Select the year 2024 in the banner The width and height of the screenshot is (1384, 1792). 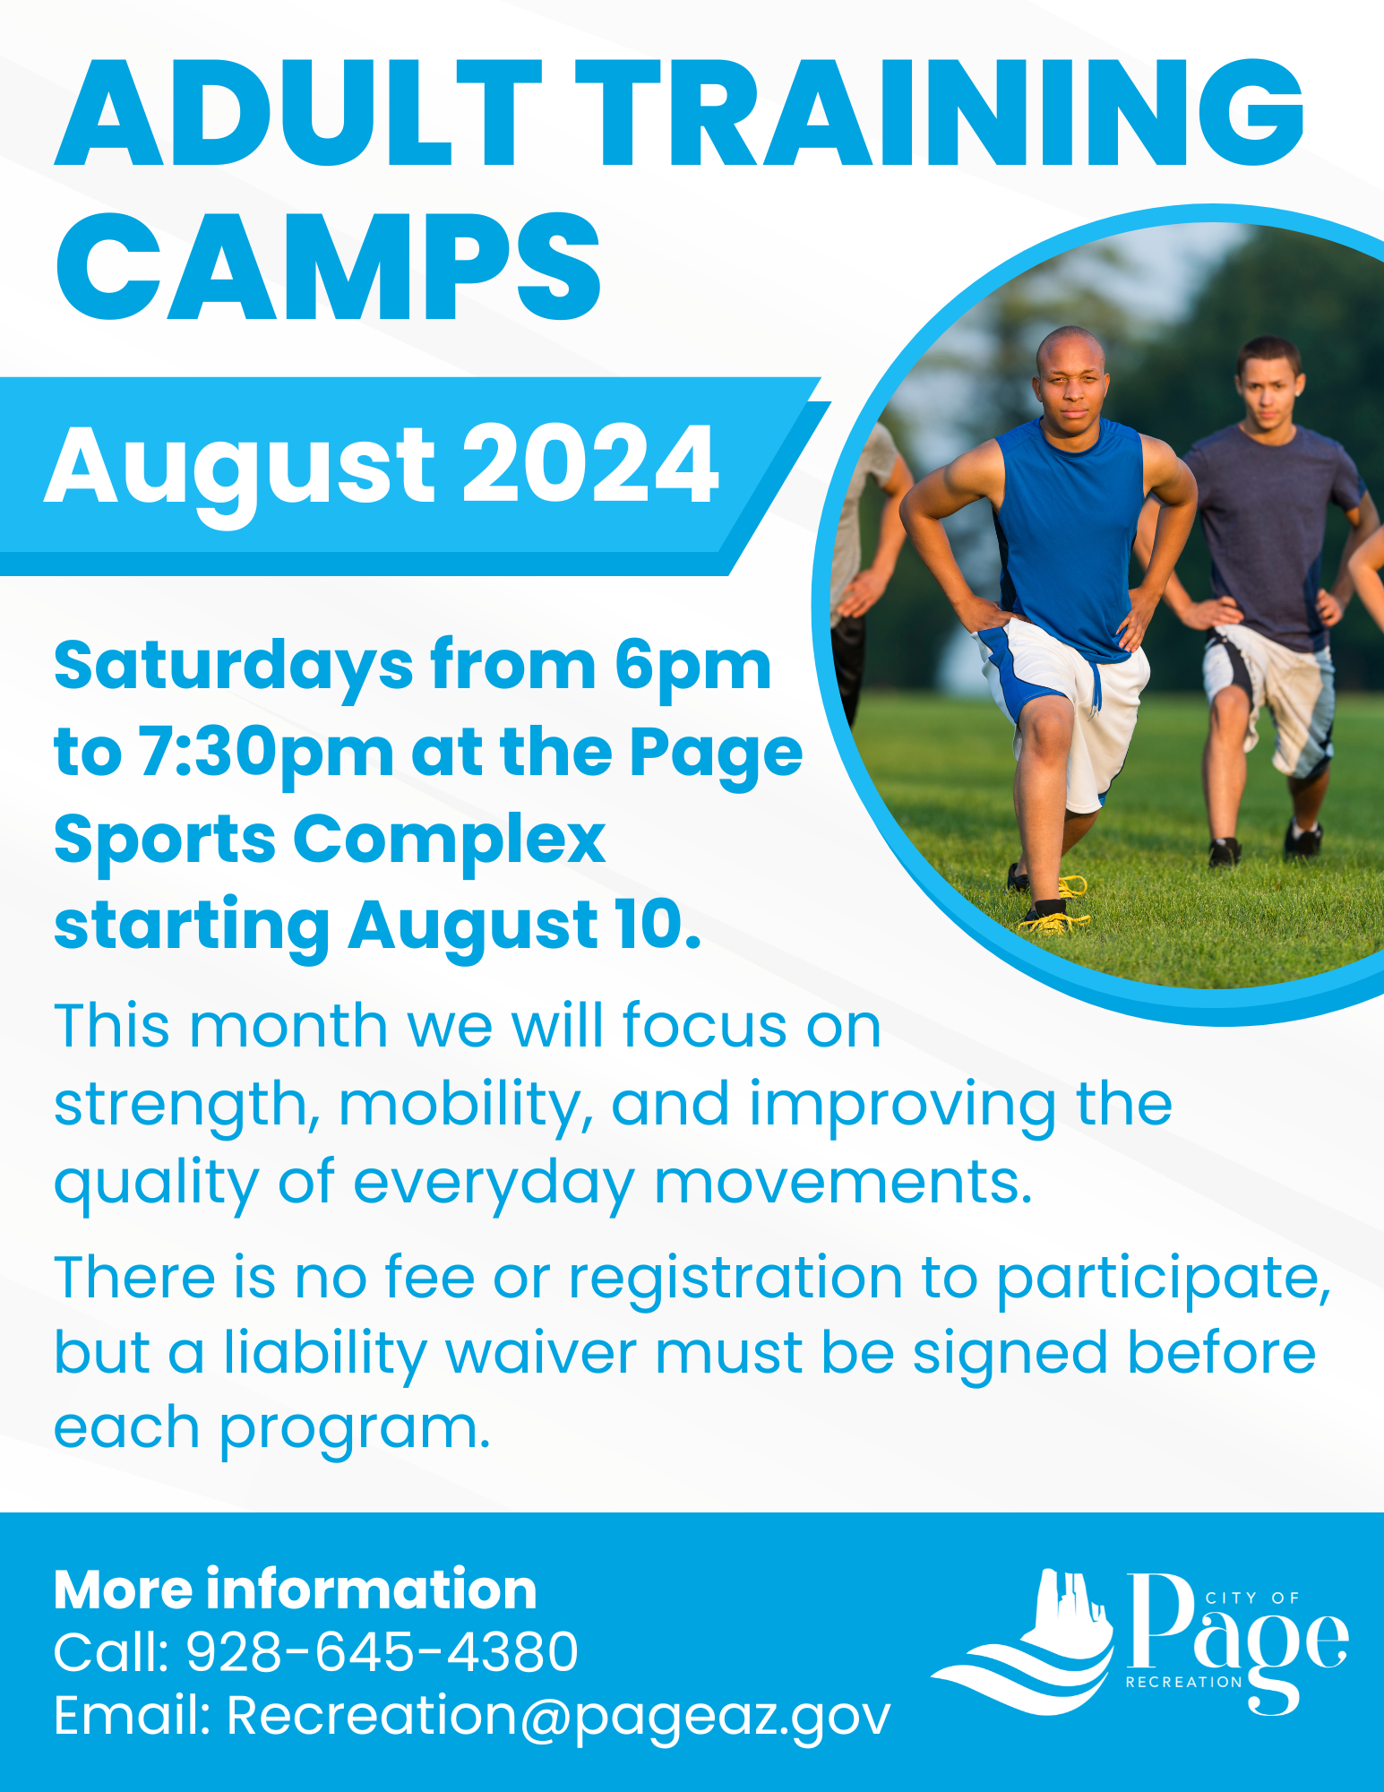(589, 465)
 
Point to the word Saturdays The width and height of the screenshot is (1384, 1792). (233, 666)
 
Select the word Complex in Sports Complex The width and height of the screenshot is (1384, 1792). (449, 840)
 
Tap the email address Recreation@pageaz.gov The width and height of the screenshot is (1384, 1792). (558, 1716)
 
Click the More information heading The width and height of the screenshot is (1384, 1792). (295, 1590)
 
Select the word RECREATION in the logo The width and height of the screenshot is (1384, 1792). (1183, 1682)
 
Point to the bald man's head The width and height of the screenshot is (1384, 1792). (1070, 371)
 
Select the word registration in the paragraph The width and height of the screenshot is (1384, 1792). (735, 1277)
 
